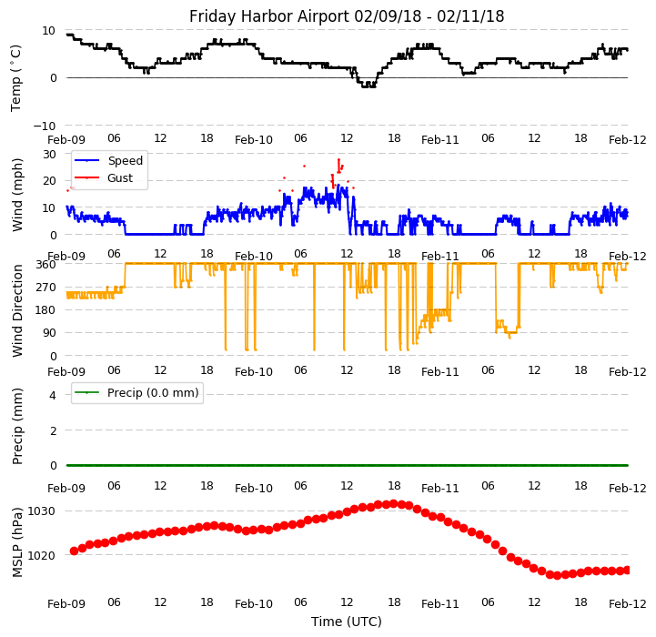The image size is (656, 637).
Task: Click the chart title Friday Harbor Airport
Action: pos(347,16)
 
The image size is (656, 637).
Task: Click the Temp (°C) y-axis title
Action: pos(16,77)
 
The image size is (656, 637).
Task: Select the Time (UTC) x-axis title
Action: pos(347,622)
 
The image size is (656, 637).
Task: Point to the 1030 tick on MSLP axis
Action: pos(44,511)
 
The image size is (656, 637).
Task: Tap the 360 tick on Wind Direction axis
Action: pos(45,264)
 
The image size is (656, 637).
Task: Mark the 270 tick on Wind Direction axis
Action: pos(45,287)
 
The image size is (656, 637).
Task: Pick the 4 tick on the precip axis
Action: pos(53,395)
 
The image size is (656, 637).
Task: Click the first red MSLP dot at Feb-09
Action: pos(74,551)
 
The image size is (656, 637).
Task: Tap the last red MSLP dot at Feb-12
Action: pos(627,570)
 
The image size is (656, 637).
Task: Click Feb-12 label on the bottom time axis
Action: pos(628,603)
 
